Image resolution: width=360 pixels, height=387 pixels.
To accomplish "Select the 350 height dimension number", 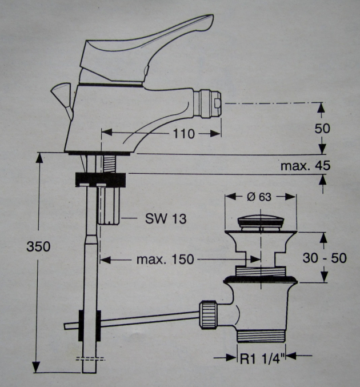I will click(x=38, y=247).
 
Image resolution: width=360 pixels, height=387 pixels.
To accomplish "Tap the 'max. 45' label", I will click(x=305, y=166).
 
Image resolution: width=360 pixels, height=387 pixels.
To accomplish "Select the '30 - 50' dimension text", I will click(x=323, y=258).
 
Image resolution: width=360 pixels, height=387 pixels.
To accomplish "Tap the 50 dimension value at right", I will click(x=322, y=128).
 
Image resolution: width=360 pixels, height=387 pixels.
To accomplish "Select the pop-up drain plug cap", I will click(x=261, y=220).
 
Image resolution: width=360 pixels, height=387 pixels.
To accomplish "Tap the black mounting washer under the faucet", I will click(x=100, y=178).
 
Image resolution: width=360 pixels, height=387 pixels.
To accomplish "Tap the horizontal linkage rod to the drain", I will click(x=149, y=318).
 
